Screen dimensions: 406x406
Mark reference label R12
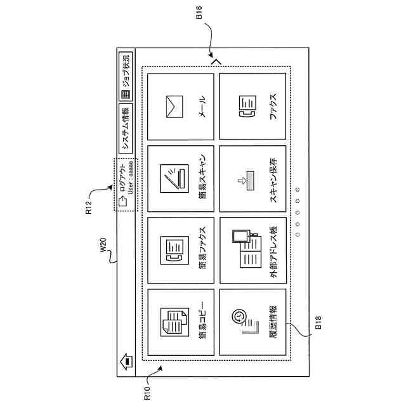click(89, 208)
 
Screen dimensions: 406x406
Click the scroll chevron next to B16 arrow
click(215, 62)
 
